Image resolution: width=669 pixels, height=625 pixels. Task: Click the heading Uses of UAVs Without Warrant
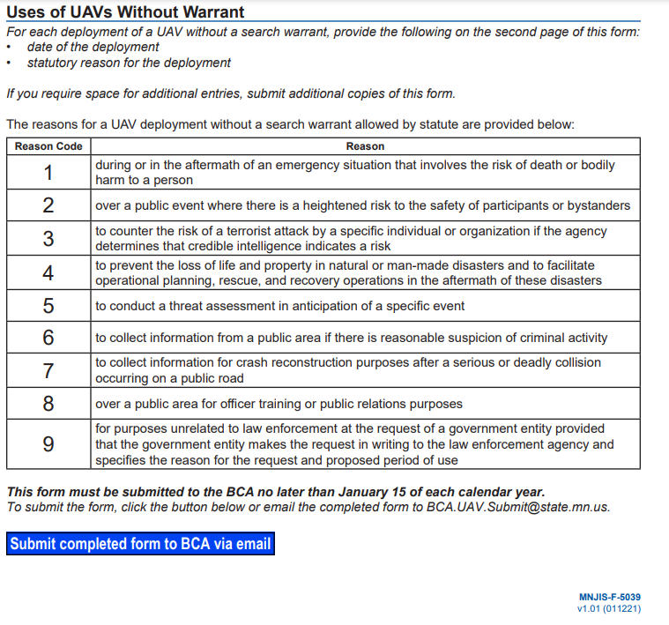[125, 11]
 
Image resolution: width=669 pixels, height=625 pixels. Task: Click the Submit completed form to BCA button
[140, 544]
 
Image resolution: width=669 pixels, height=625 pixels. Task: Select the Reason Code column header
[48, 146]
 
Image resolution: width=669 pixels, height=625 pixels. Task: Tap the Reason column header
[365, 146]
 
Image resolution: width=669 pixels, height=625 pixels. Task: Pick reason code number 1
[48, 172]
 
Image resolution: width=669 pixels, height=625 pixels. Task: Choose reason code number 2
[48, 205]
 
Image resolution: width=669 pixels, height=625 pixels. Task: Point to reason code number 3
[48, 238]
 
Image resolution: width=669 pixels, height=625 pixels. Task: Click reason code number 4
[48, 272]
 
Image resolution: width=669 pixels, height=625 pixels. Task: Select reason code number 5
[48, 306]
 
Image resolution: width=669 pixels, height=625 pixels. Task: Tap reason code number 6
[48, 338]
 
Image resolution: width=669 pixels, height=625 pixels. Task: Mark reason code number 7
[48, 370]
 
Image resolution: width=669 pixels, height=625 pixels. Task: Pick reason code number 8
[48, 404]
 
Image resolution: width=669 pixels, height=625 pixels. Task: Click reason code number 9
[48, 443]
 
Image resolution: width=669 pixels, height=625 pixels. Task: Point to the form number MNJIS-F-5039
[610, 597]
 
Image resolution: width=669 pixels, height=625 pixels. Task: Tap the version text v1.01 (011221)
[609, 609]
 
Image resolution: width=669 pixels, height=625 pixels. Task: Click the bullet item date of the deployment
[93, 47]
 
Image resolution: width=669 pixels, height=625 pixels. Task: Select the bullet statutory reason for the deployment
[129, 63]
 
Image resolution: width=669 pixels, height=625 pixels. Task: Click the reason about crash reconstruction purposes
[348, 370]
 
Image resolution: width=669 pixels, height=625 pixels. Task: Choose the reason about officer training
[279, 404]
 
